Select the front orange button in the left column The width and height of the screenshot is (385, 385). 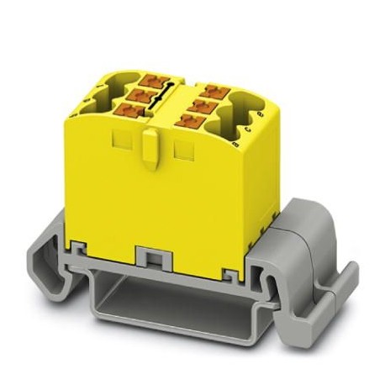132,111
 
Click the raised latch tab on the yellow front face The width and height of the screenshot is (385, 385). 149,149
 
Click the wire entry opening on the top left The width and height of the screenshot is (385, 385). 108,93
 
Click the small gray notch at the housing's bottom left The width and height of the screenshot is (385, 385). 82,248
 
